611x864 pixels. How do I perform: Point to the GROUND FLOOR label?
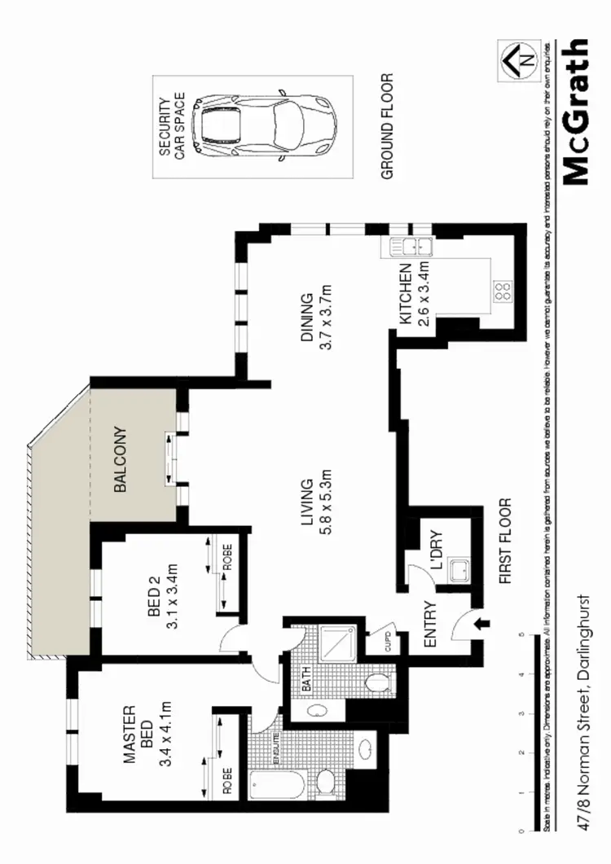[x=386, y=126]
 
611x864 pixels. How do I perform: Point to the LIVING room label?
[x=307, y=507]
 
